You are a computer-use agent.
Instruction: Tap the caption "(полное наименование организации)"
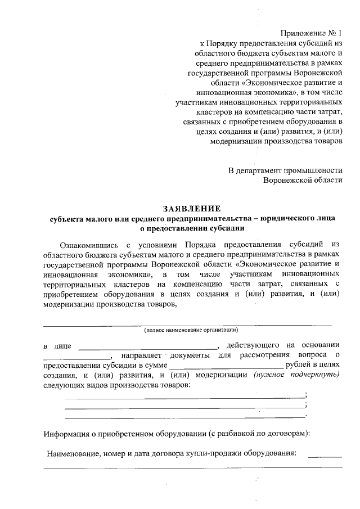click(191, 330)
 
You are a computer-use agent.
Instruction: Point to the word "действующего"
click(253, 344)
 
